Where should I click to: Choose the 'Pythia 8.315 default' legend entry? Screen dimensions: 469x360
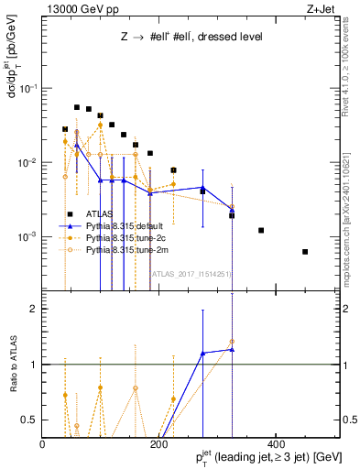coord(127,226)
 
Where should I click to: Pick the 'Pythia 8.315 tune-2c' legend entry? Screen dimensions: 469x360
coord(127,237)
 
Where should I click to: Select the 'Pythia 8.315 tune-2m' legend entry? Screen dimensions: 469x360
coord(127,248)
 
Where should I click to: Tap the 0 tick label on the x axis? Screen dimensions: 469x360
coord(43,445)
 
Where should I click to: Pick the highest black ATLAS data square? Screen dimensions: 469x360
coord(77,107)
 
